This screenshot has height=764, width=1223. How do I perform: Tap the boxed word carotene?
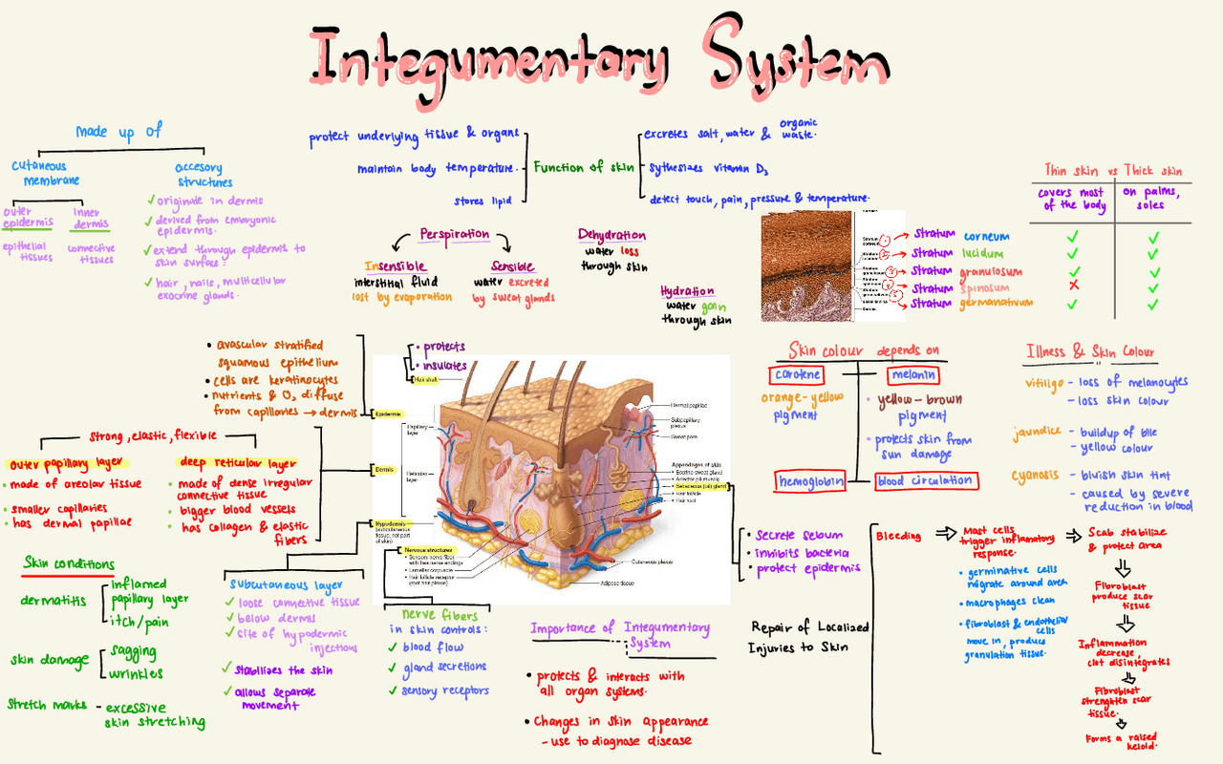(794, 375)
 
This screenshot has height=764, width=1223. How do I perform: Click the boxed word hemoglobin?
(810, 481)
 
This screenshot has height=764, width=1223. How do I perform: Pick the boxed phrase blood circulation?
(925, 480)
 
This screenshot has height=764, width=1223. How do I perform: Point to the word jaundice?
(1037, 432)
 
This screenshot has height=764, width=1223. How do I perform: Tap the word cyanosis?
(1037, 475)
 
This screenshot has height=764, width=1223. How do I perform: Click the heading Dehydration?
(611, 235)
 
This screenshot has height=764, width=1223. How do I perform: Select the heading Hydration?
(687, 291)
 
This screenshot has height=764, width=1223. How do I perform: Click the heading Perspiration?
(455, 234)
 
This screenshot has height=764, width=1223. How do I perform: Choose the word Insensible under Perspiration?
(395, 266)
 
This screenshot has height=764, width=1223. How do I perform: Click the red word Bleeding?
(898, 536)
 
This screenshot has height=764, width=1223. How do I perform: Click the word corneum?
(986, 236)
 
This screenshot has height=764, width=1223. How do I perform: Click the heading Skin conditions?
(69, 563)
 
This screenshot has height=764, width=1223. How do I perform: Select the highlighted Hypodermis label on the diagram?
(390, 524)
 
